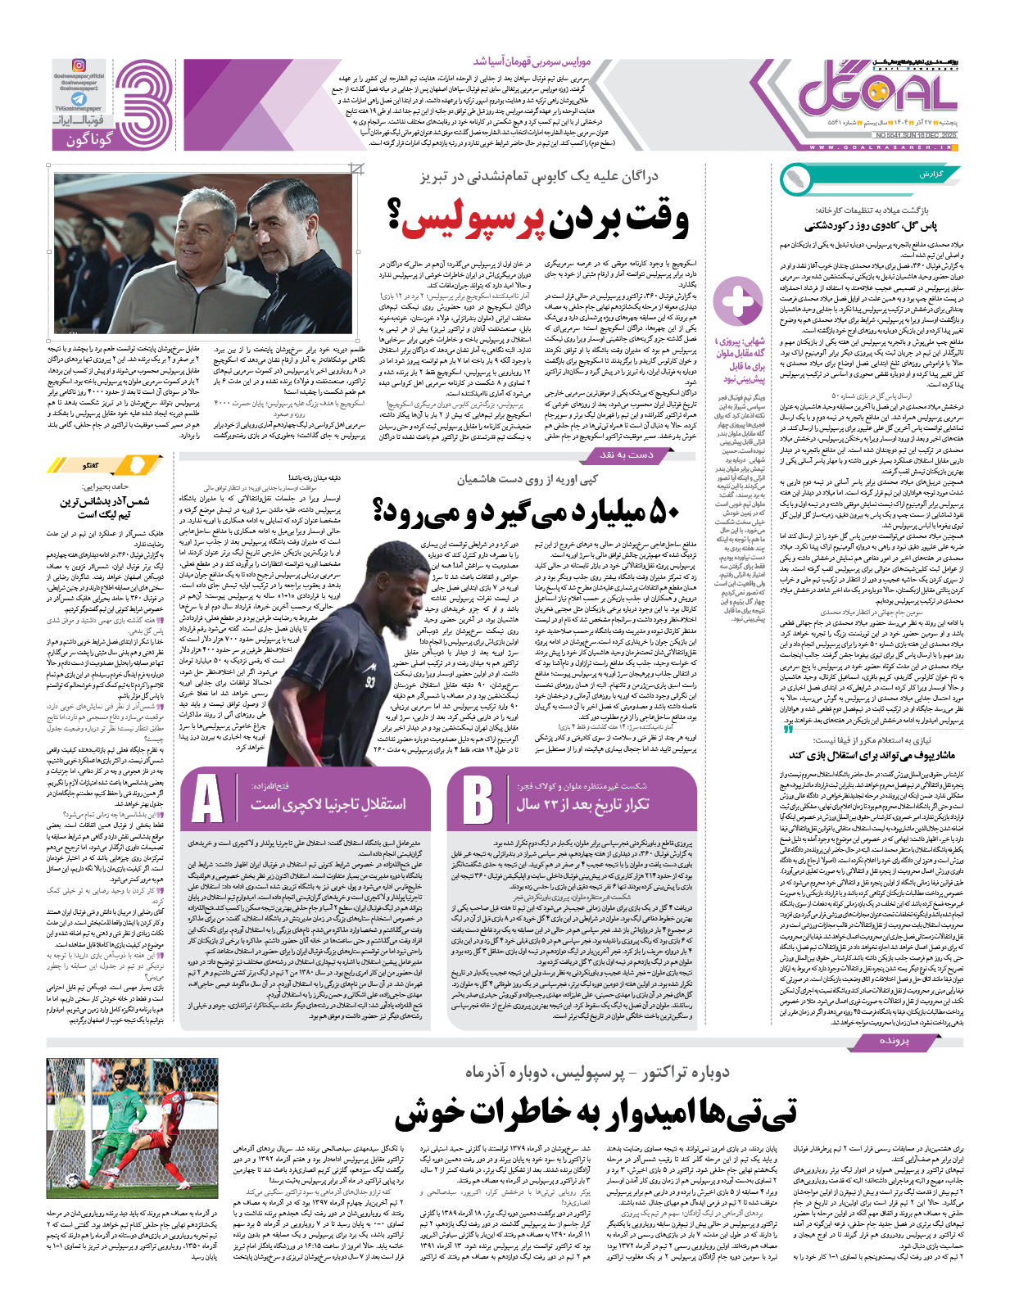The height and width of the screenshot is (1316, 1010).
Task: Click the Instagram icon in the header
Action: pos(79,66)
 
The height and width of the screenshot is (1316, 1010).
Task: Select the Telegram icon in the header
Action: pos(79,97)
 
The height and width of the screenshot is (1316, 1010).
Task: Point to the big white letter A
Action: pos(207,799)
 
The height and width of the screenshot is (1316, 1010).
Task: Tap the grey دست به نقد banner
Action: pos(626,454)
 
